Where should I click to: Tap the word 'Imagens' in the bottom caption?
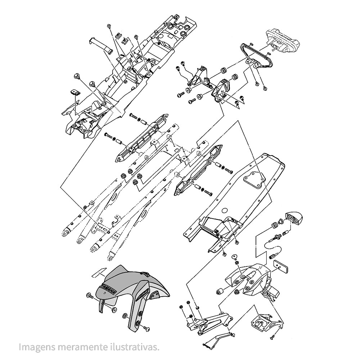[x=33, y=347]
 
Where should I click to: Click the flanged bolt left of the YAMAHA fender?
[x=90, y=296]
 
